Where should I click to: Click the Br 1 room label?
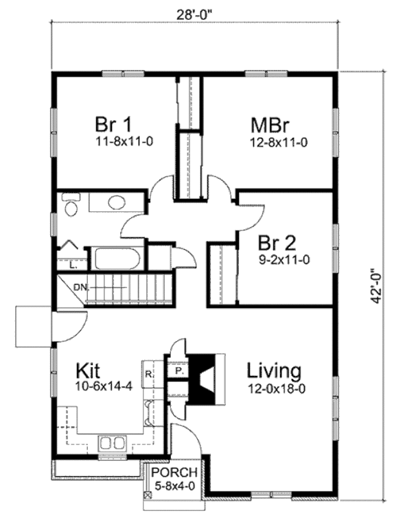pos(113,125)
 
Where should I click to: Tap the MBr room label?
pos(269,126)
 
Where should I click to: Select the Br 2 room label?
pos(277,243)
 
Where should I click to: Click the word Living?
pos(274,371)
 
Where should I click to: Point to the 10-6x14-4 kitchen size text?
pos(101,388)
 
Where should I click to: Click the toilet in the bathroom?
pos(70,205)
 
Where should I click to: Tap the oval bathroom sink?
pos(117,203)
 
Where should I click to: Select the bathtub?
pos(117,259)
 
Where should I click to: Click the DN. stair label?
pos(81,287)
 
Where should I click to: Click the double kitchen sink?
pos(110,442)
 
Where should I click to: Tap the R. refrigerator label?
pos(148,375)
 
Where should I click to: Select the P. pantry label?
pos(177,370)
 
